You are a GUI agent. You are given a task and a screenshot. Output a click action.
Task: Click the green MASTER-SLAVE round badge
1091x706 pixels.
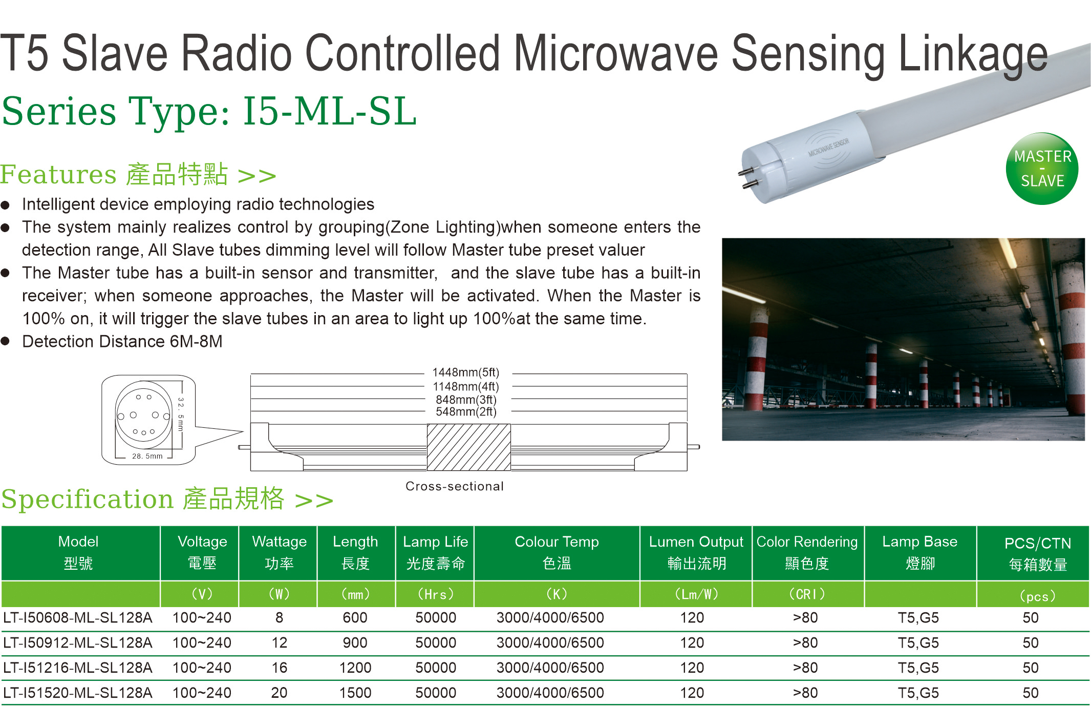point(1042,169)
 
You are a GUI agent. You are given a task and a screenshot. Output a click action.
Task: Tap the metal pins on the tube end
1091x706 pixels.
point(747,177)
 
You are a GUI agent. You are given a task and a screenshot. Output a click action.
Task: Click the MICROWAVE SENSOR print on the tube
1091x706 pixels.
point(828,147)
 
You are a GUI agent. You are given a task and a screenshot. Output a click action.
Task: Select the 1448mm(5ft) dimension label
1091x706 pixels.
point(465,372)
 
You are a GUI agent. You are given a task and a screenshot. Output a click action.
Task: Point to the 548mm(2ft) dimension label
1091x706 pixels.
point(466,411)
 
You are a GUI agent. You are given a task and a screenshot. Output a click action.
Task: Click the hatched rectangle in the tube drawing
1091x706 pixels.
point(468,447)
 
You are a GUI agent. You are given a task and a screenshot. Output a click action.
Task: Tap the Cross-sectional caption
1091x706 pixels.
point(455,486)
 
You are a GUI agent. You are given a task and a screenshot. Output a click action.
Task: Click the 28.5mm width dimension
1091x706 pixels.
point(147,456)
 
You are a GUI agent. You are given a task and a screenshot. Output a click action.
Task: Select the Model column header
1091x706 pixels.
point(78,552)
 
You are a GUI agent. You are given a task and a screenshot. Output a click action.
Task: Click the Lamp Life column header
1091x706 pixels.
point(435,552)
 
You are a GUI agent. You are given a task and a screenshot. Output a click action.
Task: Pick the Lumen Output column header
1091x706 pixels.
point(696,552)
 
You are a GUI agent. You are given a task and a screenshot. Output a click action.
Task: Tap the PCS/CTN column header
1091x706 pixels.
point(1038,553)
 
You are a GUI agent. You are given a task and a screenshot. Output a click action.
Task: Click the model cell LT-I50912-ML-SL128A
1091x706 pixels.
point(78,642)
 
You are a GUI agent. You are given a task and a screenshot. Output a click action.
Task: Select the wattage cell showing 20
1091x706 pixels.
point(279,693)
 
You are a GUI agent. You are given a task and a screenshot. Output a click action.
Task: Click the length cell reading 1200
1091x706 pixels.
point(355,668)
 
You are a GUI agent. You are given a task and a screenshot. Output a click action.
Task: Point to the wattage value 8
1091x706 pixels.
point(279,617)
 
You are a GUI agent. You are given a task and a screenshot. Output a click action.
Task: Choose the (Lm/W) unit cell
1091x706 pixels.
point(696,594)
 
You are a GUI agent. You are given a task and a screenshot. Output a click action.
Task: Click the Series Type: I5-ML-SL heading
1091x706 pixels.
point(209,111)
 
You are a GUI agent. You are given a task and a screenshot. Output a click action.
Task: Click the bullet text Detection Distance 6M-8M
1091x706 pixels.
point(122,341)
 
